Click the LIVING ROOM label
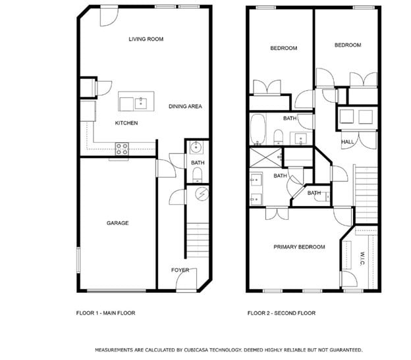pyautogui.click(x=146, y=39)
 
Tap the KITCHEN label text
pyautogui.click(x=126, y=123)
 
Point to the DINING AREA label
pyautogui.click(x=185, y=106)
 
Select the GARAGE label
pyautogui.click(x=118, y=223)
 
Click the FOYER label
pyautogui.click(x=180, y=270)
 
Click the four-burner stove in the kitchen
pyautogui.click(x=123, y=149)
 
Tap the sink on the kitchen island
pyautogui.click(x=140, y=102)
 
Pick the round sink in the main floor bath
pyautogui.click(x=196, y=147)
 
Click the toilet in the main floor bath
pyautogui.click(x=197, y=174)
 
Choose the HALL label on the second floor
pyautogui.click(x=347, y=142)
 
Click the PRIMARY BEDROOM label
pyautogui.click(x=299, y=247)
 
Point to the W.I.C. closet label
pyautogui.click(x=362, y=258)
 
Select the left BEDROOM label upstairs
pyautogui.click(x=283, y=48)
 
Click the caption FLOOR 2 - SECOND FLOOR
pyautogui.click(x=281, y=313)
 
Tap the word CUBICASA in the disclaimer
pyautogui.click(x=198, y=349)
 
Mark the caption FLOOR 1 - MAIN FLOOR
pyautogui.click(x=105, y=313)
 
